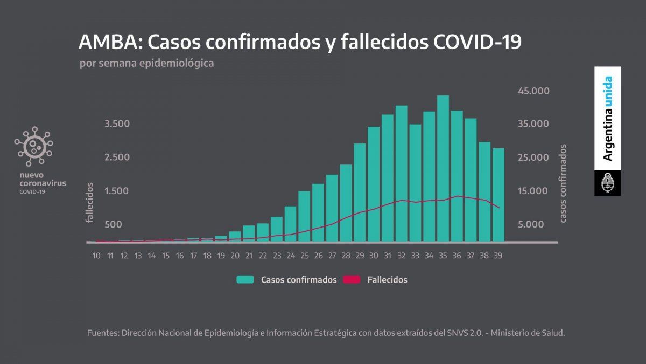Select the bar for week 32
tap(402, 173)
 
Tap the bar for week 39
tap(498, 195)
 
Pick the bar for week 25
tap(304, 216)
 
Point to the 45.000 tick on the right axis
tap(533, 91)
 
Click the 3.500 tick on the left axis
tap(117, 124)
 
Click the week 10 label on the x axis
tap(96, 256)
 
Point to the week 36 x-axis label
tap(457, 256)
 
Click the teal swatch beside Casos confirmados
tap(245, 280)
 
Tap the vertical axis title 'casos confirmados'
tap(563, 183)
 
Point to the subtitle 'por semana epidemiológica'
tap(146, 63)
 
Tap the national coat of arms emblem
tap(607, 183)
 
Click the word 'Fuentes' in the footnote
tap(103, 333)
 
